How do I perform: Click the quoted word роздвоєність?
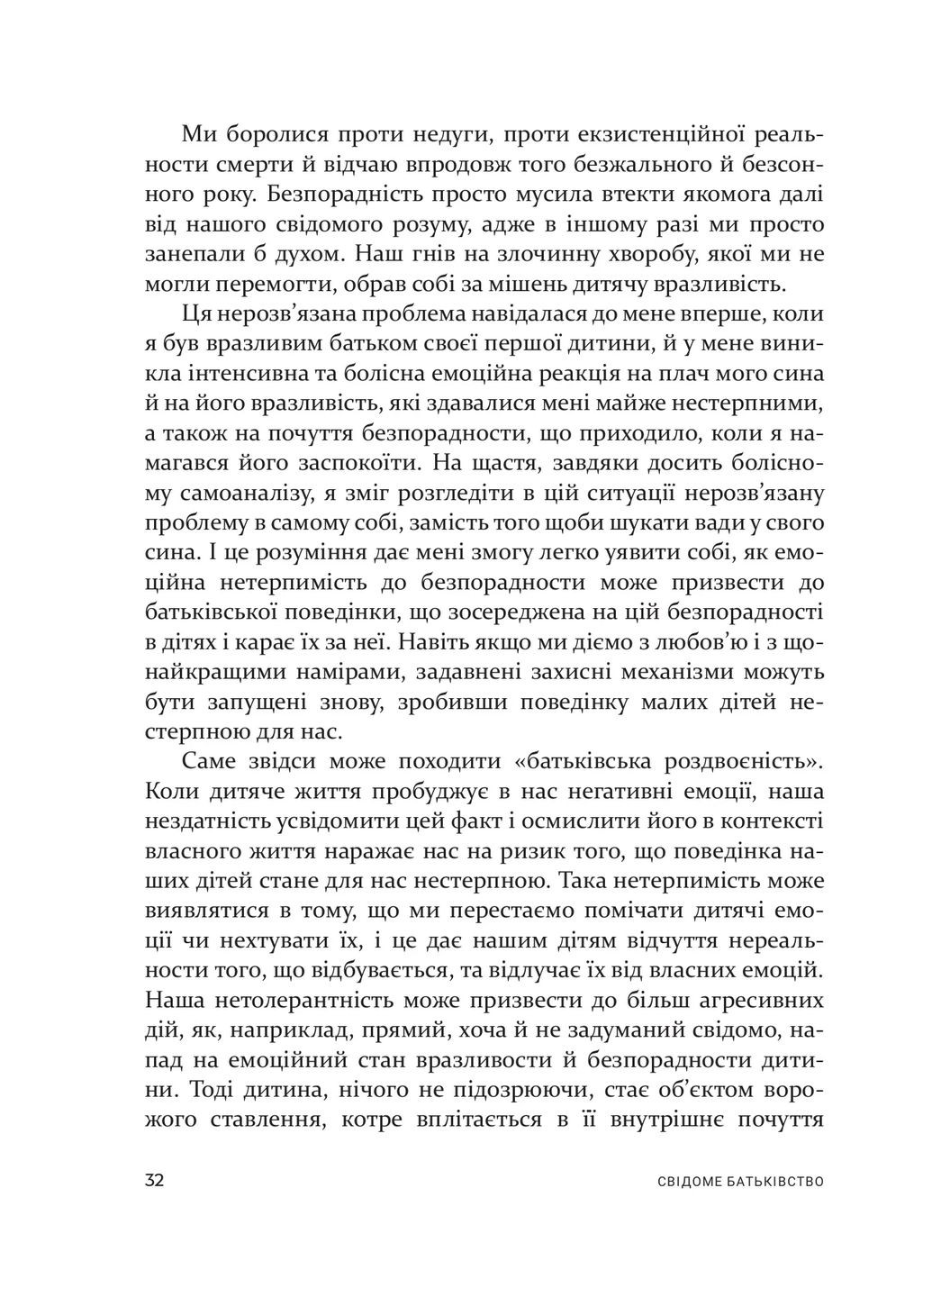coord(741,760)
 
